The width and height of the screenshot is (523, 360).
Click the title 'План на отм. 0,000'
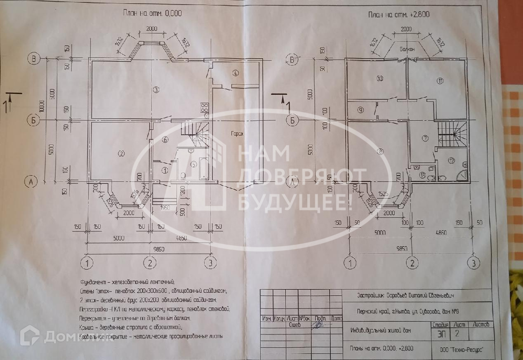point(152,13)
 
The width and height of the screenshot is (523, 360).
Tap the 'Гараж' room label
point(238,134)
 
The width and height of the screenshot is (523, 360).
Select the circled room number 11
point(440,81)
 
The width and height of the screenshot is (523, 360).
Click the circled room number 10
point(380,78)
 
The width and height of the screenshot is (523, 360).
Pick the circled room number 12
point(452,160)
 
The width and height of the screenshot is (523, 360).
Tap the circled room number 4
point(236,73)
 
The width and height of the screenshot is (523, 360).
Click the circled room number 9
point(360,110)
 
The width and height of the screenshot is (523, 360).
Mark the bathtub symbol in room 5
point(204,168)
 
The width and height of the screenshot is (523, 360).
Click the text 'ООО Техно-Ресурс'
point(461,349)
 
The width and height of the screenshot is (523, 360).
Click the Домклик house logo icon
point(30,335)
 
